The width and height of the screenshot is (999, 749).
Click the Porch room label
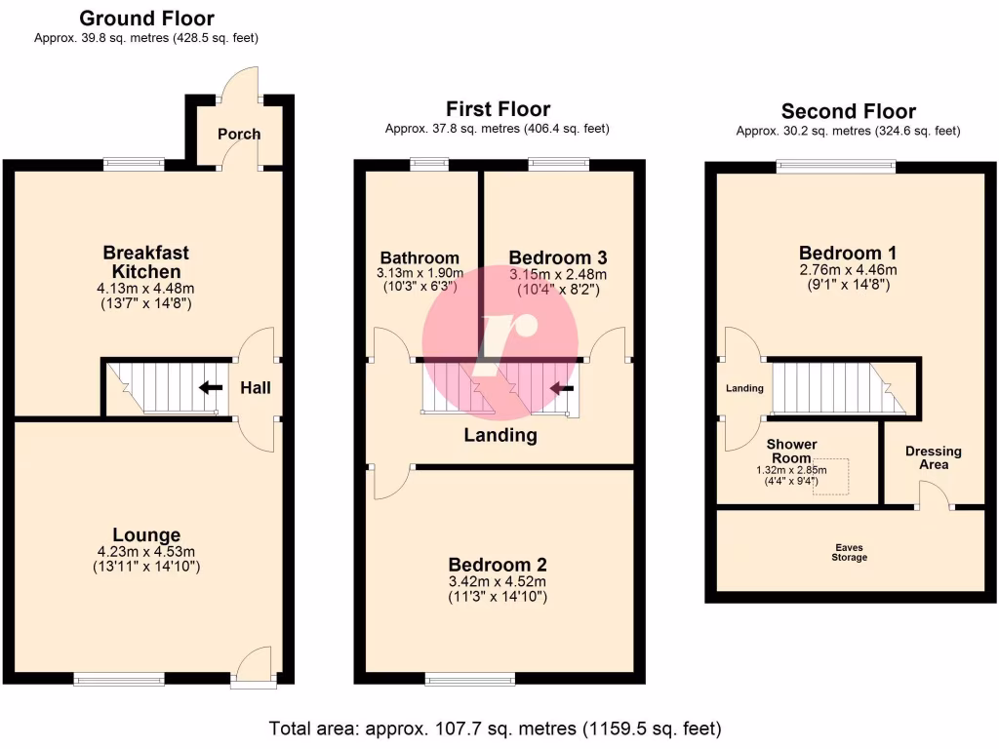click(239, 134)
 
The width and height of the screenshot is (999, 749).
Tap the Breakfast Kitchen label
click(141, 261)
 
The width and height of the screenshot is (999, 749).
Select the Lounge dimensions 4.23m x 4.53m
click(146, 552)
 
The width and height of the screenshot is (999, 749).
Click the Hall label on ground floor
click(256, 388)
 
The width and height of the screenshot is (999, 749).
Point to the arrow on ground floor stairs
click(210, 387)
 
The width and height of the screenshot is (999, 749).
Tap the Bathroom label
click(418, 258)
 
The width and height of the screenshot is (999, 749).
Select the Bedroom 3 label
click(558, 257)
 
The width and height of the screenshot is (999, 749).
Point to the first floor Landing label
click(500, 435)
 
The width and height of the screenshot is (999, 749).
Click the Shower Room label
click(791, 451)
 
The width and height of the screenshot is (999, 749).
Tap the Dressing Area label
click(933, 457)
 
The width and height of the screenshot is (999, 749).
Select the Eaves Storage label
click(849, 553)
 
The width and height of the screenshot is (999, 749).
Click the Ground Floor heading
click(146, 19)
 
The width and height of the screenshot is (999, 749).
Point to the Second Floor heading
click(848, 111)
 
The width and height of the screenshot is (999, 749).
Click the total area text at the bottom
click(495, 728)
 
